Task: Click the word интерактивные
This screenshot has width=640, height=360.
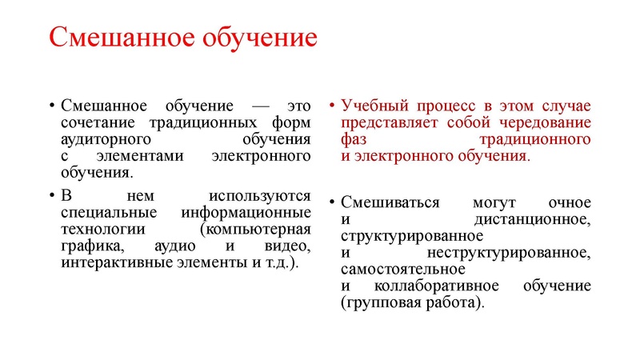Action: pos(115,262)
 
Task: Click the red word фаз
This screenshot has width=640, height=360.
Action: pos(354,139)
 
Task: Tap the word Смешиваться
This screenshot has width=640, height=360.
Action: pos(390,202)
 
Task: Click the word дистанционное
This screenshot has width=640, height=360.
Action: pos(532,218)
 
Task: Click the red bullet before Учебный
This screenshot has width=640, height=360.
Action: pos(332,106)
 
